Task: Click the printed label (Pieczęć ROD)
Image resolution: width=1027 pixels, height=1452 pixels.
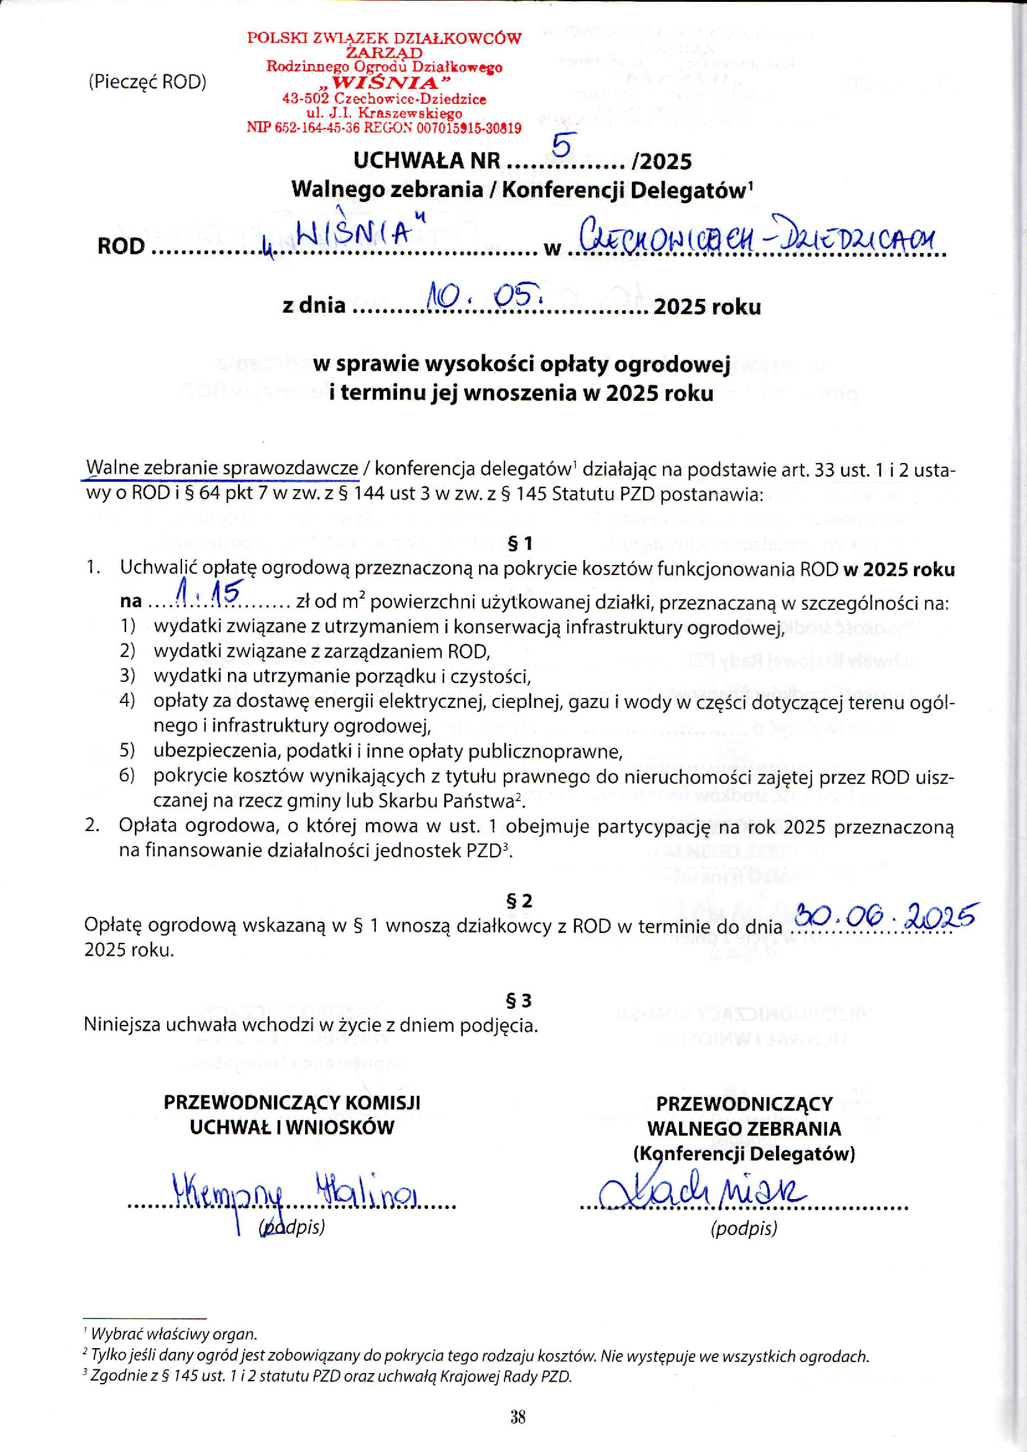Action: coord(147,82)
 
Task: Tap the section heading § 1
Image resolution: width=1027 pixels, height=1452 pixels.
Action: coord(520,543)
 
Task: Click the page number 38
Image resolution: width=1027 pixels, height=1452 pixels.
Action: coord(518,1417)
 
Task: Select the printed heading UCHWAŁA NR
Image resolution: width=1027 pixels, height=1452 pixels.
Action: coord(427,162)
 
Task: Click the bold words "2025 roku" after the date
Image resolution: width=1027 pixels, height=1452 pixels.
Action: coord(707,307)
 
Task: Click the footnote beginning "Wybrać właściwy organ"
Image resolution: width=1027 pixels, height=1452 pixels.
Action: coord(173,1334)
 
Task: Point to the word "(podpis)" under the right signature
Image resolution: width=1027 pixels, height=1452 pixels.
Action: coord(744,1228)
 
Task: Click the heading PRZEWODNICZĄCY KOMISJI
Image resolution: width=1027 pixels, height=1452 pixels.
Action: coord(292,1102)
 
